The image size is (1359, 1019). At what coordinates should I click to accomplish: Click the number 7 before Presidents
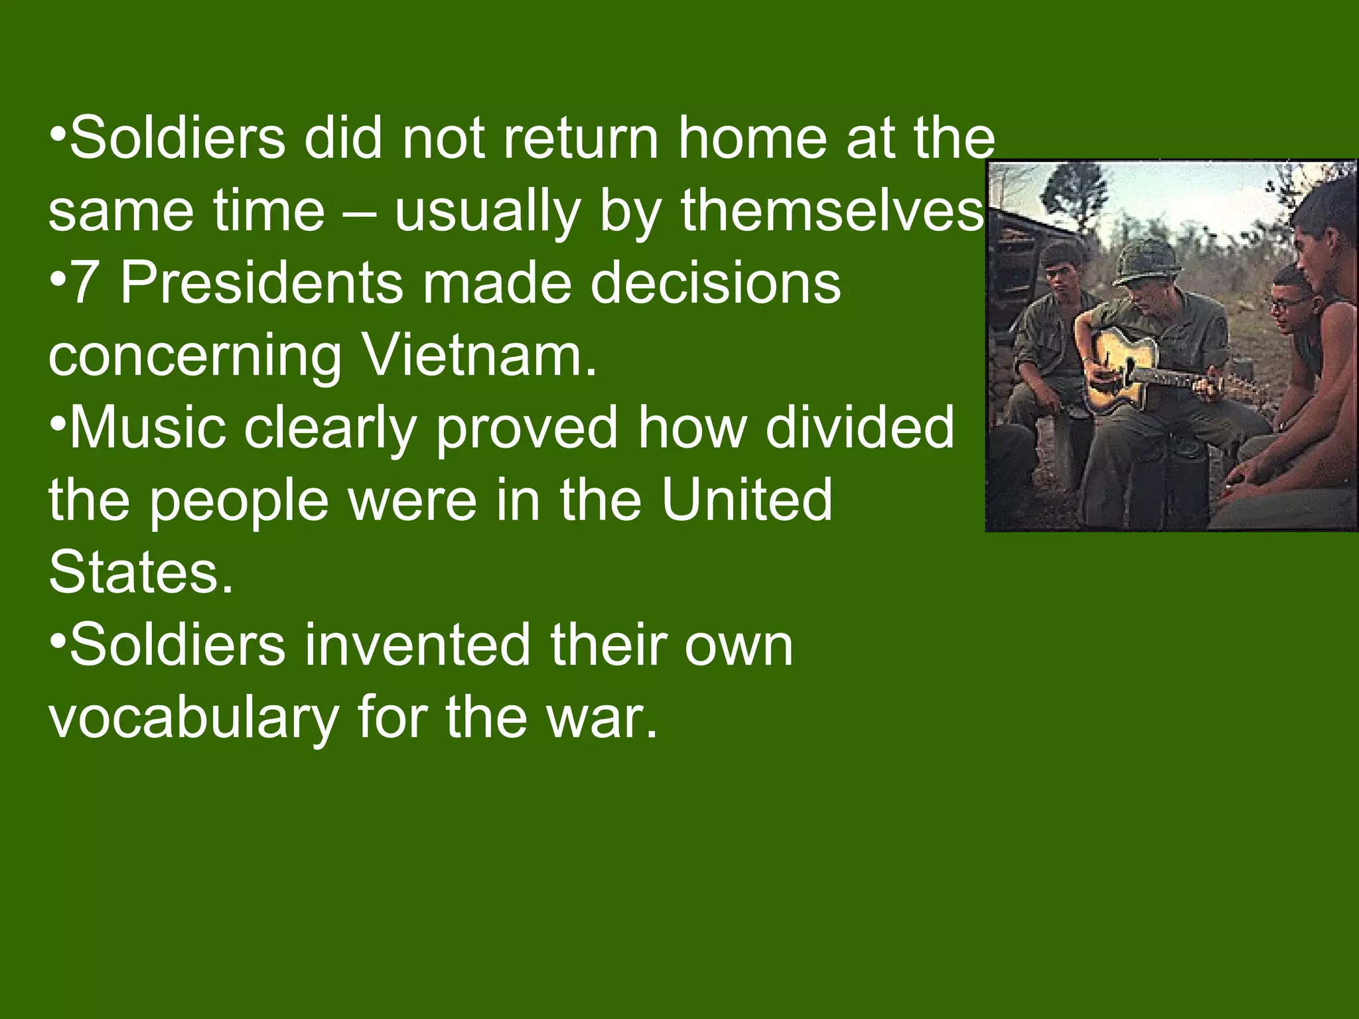[84, 283]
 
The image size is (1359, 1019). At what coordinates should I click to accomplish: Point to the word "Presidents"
[261, 283]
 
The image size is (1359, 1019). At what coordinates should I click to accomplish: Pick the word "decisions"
[716, 283]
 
